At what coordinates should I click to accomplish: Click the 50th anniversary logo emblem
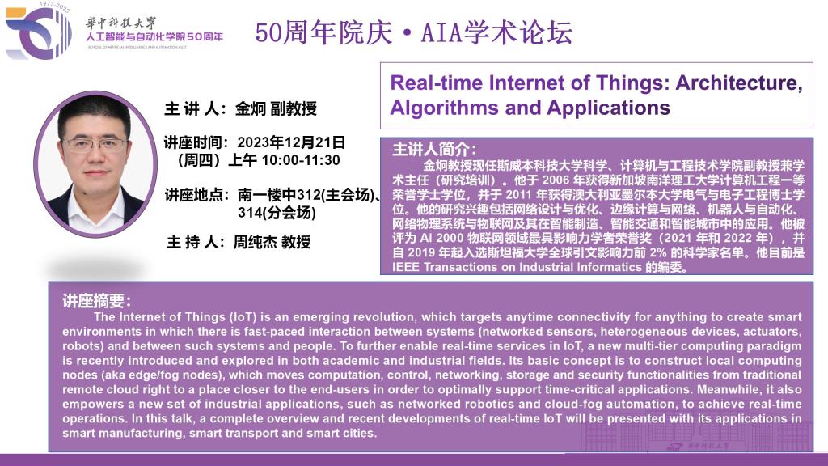(39, 32)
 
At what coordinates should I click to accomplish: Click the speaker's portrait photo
(95, 163)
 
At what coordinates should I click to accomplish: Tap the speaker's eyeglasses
(95, 144)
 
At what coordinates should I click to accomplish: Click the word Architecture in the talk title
(739, 83)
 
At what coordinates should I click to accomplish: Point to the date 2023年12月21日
(291, 142)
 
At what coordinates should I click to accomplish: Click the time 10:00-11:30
(301, 160)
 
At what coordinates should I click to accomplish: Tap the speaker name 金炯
(251, 109)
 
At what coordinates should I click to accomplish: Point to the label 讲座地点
(193, 195)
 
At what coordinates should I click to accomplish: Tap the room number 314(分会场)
(277, 213)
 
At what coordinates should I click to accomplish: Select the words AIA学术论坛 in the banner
(496, 32)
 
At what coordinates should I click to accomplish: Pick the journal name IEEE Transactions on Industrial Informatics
(517, 267)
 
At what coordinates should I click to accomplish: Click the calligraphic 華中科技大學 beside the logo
(121, 23)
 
